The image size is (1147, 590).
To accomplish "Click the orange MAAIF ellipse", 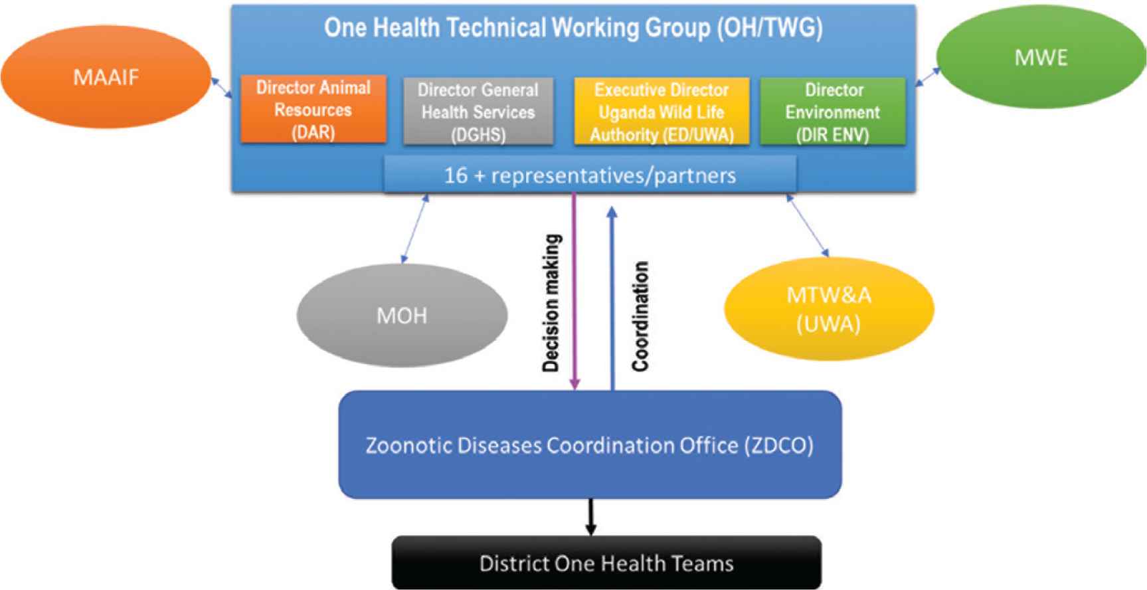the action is [106, 78].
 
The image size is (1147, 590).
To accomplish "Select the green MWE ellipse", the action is [1041, 58].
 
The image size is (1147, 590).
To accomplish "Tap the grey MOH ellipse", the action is [402, 315].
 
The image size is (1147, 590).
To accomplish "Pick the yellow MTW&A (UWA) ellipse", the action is [829, 309].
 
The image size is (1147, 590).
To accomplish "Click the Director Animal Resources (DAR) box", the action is [313, 109].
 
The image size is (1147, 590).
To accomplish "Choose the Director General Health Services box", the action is [478, 111].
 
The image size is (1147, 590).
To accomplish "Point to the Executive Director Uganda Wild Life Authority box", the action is [662, 111].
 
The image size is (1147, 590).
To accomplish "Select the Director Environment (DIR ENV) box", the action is [833, 111].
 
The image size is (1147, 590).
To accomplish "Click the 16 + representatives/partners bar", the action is [590, 175].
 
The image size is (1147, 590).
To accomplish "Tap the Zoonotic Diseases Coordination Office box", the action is [590, 444].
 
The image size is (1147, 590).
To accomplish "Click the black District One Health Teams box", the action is [606, 563].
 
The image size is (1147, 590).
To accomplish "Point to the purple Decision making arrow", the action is [575, 291].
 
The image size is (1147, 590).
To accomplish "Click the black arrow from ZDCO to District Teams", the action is [590, 517].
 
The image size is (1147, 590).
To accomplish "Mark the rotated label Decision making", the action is [552, 303].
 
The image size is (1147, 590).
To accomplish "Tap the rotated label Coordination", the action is [640, 316].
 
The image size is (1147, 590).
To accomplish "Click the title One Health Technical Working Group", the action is [573, 28].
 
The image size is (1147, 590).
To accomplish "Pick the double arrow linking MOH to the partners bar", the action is [414, 228].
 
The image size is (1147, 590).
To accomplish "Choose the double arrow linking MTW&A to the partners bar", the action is [808, 225].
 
